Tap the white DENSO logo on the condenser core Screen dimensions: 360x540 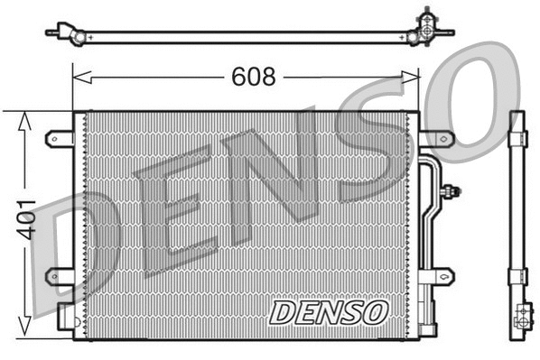pyautogui.click(x=328, y=313)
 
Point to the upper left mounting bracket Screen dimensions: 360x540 pyautogui.click(x=60, y=139)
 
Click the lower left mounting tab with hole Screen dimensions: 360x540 pyautogui.click(x=60, y=274)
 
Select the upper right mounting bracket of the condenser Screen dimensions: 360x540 pyautogui.click(x=436, y=139)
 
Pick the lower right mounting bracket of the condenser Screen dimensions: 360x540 pyautogui.click(x=436, y=275)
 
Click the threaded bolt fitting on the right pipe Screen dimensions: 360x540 pyautogui.click(x=452, y=190)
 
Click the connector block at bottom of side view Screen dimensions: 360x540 pyautogui.click(x=521, y=318)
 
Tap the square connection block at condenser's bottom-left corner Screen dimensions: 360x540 pyautogui.click(x=66, y=316)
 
